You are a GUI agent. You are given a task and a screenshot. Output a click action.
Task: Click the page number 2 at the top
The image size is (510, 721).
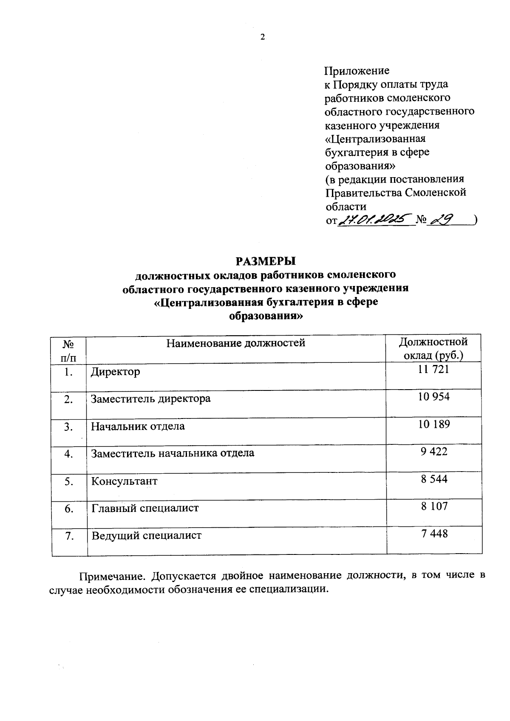[x=262, y=37]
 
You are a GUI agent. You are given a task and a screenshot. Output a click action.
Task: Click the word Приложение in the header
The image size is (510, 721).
[x=357, y=71]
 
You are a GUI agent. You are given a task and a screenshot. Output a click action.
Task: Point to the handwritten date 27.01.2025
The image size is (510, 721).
[x=375, y=219]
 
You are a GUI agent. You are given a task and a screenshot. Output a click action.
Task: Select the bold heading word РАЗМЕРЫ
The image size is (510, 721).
[x=265, y=260]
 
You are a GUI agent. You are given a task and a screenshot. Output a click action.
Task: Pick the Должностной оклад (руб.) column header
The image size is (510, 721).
[x=433, y=348]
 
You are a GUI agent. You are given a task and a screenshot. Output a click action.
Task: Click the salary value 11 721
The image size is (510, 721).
[x=433, y=370]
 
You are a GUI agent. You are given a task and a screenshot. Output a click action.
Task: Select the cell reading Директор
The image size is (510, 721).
[x=116, y=372]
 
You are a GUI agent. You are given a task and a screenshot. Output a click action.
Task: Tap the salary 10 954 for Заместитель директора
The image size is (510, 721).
[x=434, y=397]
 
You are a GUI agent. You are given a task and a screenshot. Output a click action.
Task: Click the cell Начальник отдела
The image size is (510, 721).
[x=138, y=426]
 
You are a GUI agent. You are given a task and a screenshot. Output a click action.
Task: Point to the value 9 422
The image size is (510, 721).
[x=434, y=451]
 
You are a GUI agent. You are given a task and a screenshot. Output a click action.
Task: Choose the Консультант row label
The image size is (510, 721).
[x=125, y=481]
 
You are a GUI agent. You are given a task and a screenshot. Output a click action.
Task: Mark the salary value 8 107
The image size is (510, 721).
[x=434, y=506]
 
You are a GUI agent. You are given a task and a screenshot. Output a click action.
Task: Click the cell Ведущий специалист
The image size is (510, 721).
[x=147, y=536]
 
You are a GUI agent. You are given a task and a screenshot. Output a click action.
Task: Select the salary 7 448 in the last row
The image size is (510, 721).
[x=434, y=534]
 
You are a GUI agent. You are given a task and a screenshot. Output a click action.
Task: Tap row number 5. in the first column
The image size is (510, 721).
[x=69, y=481]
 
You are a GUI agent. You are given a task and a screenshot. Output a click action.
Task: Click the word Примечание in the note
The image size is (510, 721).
[x=113, y=577]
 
